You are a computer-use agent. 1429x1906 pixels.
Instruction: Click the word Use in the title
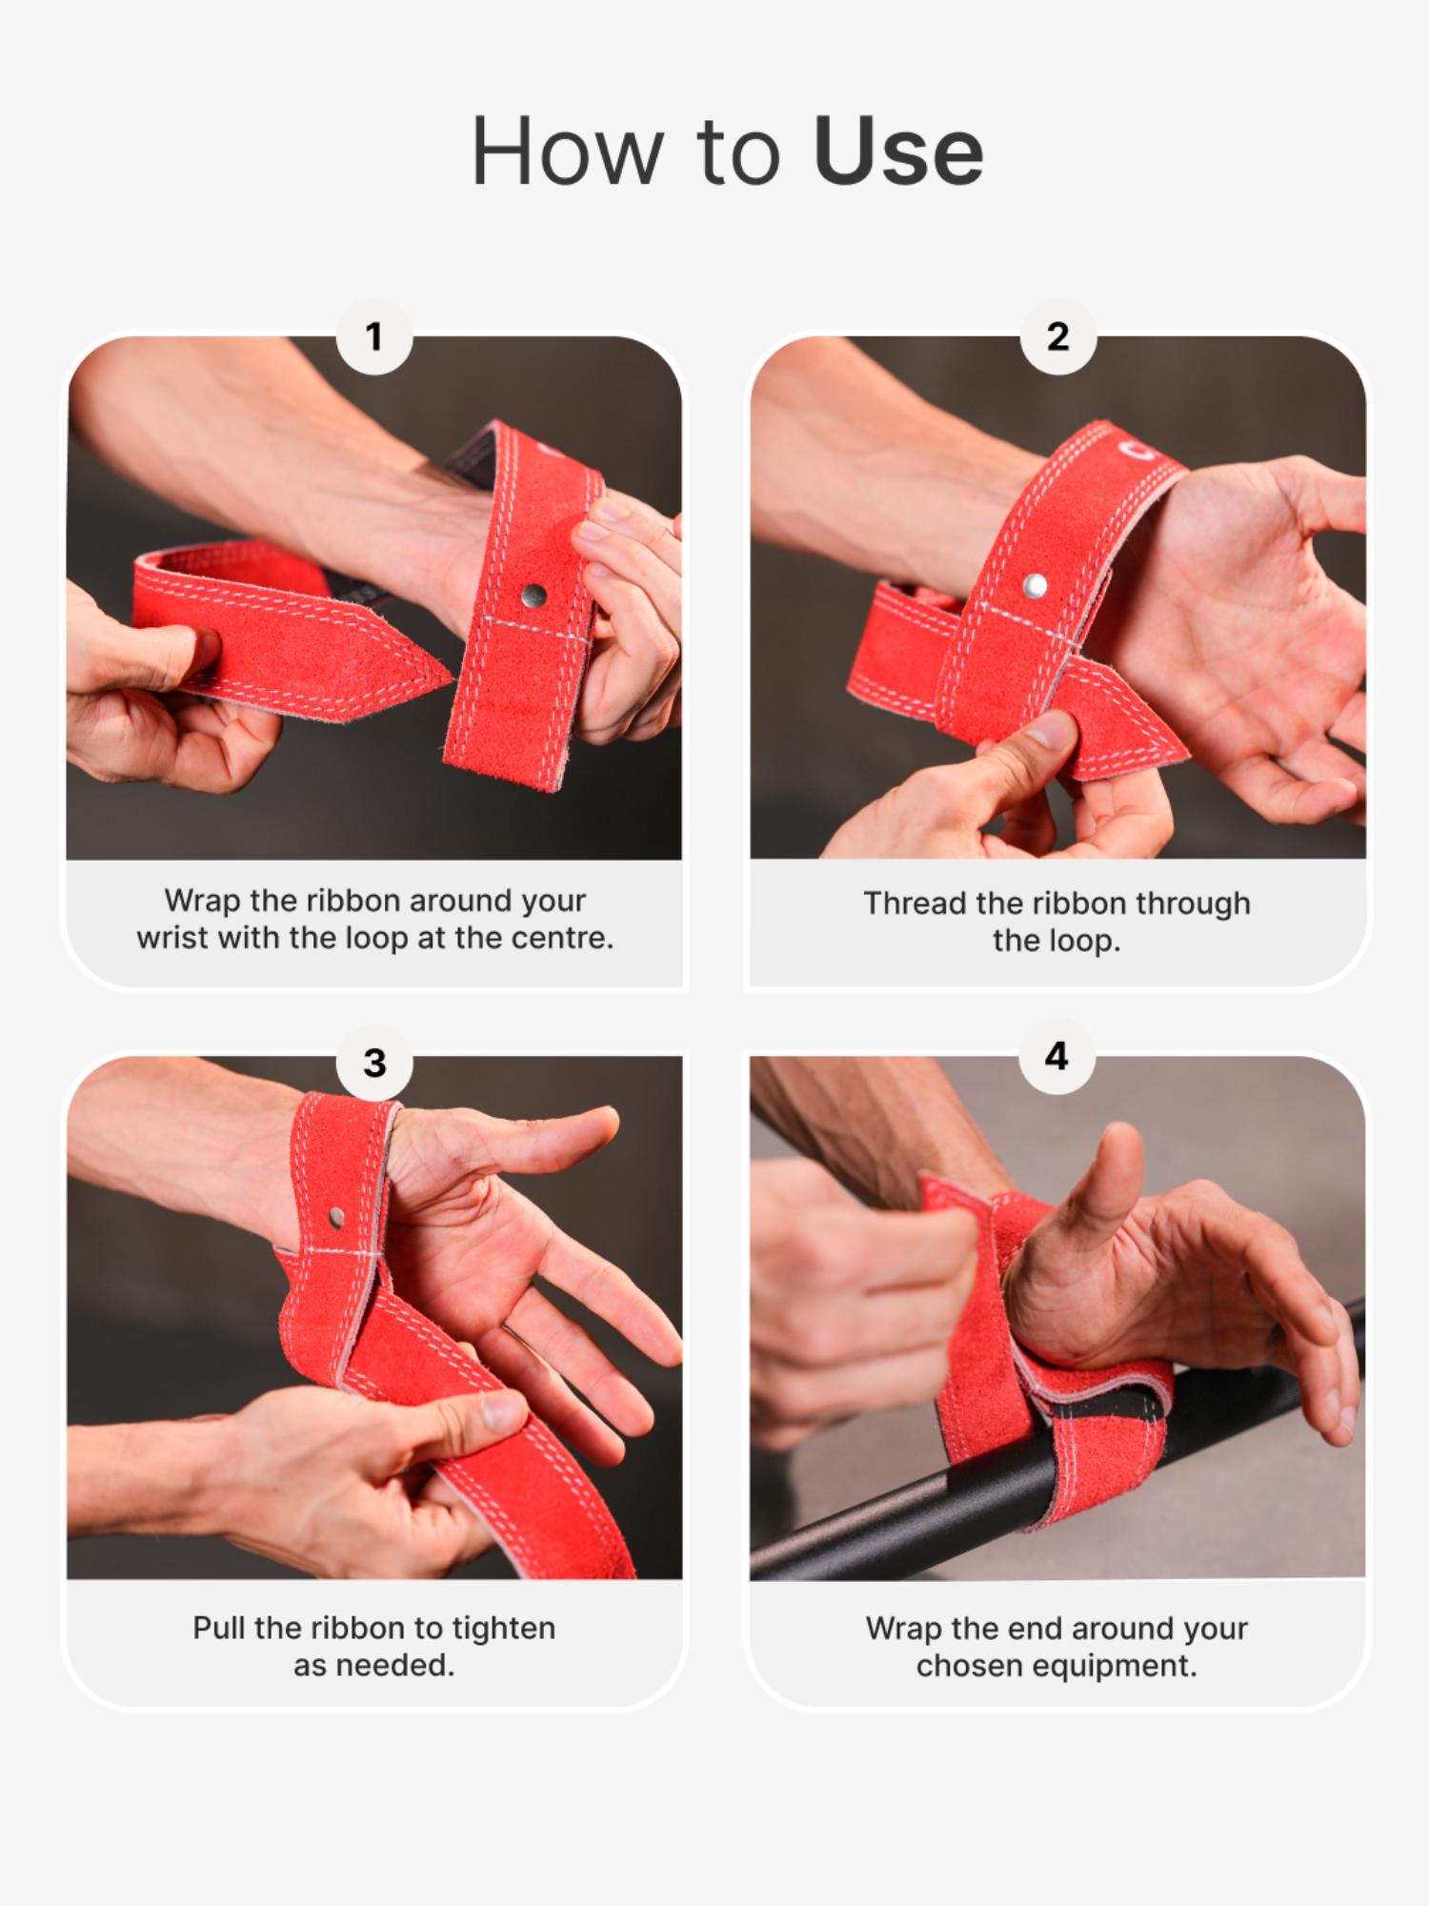pos(897,152)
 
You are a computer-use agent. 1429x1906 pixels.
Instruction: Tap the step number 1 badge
pos(374,336)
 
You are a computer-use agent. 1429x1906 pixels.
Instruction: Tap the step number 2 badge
pos(1057,336)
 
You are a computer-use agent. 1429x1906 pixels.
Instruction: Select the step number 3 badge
pos(374,1063)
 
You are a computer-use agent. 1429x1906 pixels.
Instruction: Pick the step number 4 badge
pos(1057,1056)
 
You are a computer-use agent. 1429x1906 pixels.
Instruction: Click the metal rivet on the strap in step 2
pos(1036,584)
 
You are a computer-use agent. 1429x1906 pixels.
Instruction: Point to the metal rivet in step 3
pos(336,1216)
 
